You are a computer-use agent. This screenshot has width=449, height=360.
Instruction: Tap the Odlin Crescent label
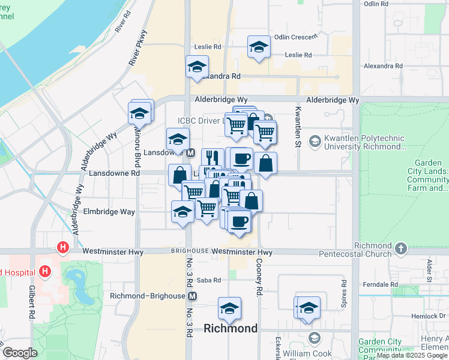295,37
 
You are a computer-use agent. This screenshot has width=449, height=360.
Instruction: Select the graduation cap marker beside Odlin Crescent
259,47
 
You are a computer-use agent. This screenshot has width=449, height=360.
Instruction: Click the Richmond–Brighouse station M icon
192,296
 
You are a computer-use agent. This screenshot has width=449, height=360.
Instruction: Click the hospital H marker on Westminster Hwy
62,247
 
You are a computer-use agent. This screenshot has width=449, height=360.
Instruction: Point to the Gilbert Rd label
31,302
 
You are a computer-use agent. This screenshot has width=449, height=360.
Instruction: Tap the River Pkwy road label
137,47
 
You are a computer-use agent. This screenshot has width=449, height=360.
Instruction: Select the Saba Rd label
209,280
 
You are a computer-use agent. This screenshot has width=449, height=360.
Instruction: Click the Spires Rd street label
343,293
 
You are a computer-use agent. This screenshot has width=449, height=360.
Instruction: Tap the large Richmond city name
231,328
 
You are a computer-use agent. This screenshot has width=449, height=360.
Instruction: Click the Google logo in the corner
20,353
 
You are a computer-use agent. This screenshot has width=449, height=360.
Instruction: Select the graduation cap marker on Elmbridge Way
182,212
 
